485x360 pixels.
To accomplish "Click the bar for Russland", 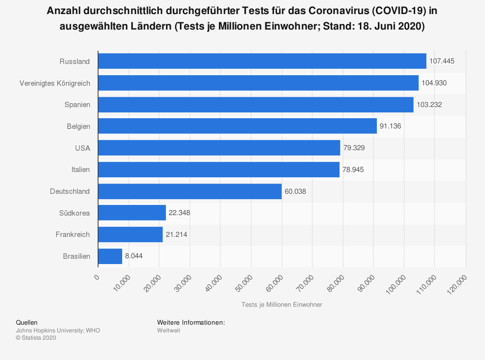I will click(x=262, y=61).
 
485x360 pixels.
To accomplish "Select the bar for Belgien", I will click(x=237, y=126).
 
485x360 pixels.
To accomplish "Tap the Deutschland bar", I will click(x=190, y=191).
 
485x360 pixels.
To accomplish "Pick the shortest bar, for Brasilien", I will click(x=110, y=256).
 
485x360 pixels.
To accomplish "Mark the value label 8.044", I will click(x=134, y=256).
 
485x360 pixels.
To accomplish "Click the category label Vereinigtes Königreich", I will click(x=55, y=83).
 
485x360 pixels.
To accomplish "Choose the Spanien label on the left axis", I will click(x=77, y=105).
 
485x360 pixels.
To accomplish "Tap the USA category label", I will click(x=82, y=148).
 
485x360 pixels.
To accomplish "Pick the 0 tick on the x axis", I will click(x=97, y=277).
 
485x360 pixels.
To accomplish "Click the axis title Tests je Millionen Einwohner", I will click(x=281, y=305).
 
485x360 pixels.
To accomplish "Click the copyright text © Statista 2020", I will click(x=36, y=338).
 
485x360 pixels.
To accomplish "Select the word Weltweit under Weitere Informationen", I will click(x=168, y=330).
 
